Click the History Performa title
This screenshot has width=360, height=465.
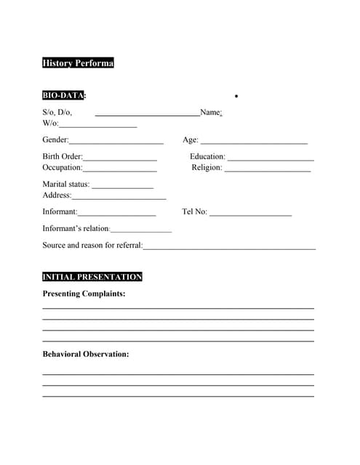tap(78, 63)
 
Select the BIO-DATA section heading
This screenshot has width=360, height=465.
tap(63, 95)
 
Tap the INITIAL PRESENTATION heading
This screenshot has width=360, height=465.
tap(92, 277)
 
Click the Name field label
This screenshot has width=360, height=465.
tap(210, 113)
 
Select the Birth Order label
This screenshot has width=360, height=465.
tap(63, 156)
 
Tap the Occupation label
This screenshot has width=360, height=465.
tap(63, 167)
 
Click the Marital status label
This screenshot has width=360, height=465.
tap(66, 184)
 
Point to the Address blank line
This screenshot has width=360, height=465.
tap(119, 197)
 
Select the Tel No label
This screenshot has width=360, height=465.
tap(194, 212)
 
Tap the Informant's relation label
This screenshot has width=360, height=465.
tap(76, 228)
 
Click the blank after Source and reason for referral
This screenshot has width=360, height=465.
tap(229, 248)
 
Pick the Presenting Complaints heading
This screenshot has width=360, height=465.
tap(84, 294)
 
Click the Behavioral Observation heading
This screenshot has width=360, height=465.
tap(86, 354)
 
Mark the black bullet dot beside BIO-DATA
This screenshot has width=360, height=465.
tap(237, 96)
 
